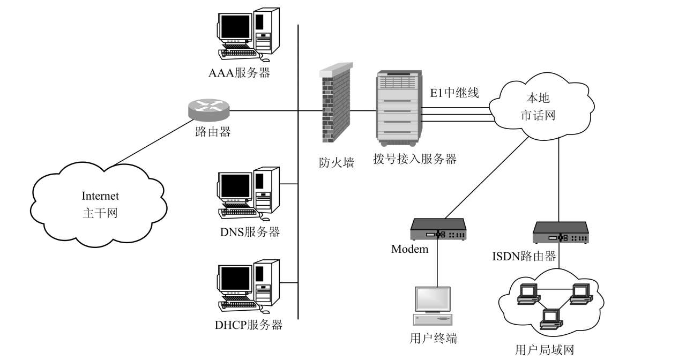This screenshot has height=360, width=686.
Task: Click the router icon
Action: (209, 109)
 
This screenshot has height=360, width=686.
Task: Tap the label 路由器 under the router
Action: (213, 132)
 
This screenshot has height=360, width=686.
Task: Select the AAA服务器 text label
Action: (239, 73)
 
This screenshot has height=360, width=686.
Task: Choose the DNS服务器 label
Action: (250, 232)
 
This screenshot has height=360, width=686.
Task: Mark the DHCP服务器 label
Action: (249, 325)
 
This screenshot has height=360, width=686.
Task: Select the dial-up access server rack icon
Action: (398, 109)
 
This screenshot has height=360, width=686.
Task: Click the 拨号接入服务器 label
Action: (415, 159)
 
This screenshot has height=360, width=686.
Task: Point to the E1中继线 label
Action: (454, 93)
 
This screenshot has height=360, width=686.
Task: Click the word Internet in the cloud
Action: (100, 196)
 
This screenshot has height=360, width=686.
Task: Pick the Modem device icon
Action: (438, 229)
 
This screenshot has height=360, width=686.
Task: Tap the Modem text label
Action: (409, 249)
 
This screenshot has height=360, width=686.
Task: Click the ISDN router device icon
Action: (560, 232)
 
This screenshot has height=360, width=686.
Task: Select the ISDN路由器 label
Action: (524, 256)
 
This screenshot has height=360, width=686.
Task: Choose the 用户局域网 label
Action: (544, 350)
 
